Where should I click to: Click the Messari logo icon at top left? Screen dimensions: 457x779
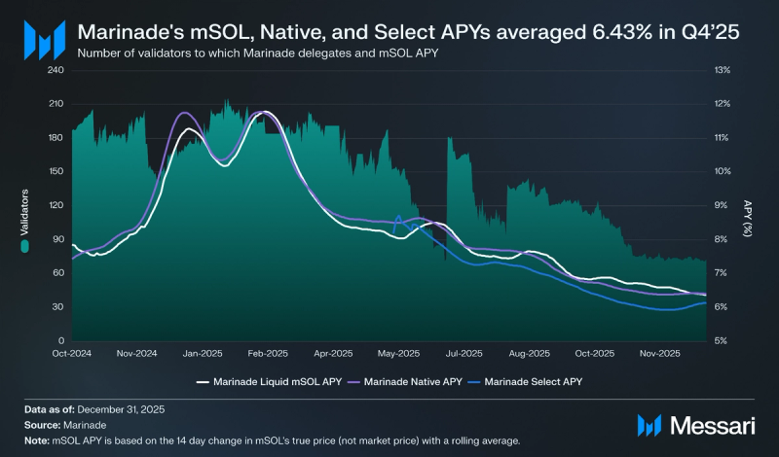43,41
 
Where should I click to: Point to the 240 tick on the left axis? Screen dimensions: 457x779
56,70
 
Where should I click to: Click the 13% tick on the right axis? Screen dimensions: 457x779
723,70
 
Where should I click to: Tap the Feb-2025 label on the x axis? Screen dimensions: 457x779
267,353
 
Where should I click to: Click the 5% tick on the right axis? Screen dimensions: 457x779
721,340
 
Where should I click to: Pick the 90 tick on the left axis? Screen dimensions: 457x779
58,239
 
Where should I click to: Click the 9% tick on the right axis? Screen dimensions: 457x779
721,205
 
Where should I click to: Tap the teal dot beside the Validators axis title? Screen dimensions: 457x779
26,247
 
